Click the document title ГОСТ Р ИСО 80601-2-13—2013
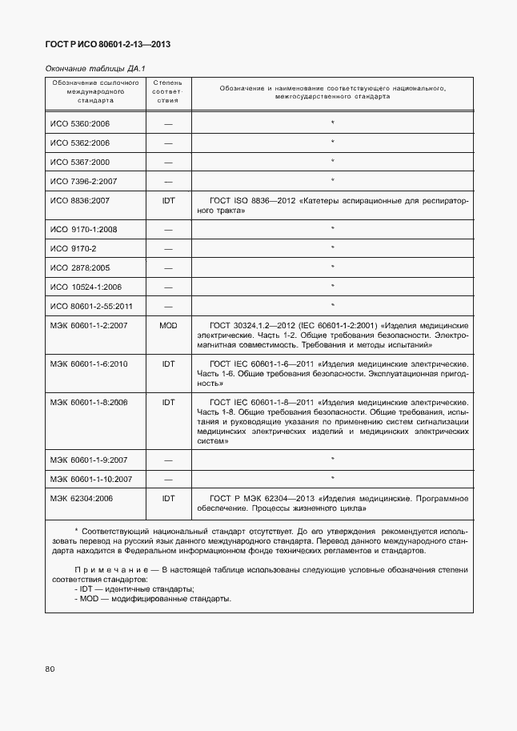click(x=108, y=44)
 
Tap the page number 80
click(x=50, y=669)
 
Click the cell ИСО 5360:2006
click(x=80, y=124)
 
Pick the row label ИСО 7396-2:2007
click(x=84, y=181)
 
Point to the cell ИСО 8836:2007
click(x=80, y=201)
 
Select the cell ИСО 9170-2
click(x=74, y=248)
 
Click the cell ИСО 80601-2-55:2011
click(x=91, y=306)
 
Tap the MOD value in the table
click(x=168, y=325)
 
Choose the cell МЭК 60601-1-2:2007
click(x=89, y=325)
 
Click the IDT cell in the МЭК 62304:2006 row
click(x=168, y=498)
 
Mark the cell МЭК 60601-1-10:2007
click(x=91, y=479)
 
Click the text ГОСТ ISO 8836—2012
click(x=246, y=201)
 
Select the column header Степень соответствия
click(x=168, y=91)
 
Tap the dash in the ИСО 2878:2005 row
click(x=168, y=267)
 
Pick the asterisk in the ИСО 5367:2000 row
click(x=332, y=162)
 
